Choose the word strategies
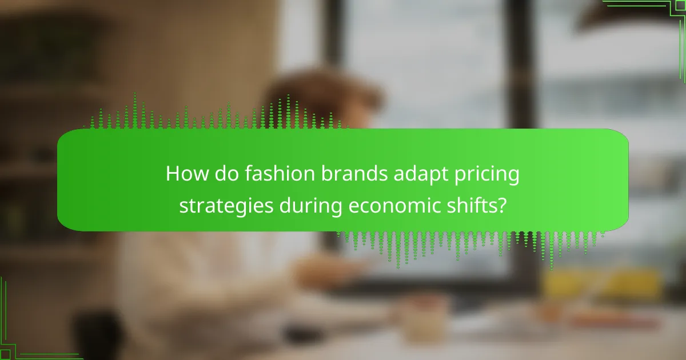click(225, 206)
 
